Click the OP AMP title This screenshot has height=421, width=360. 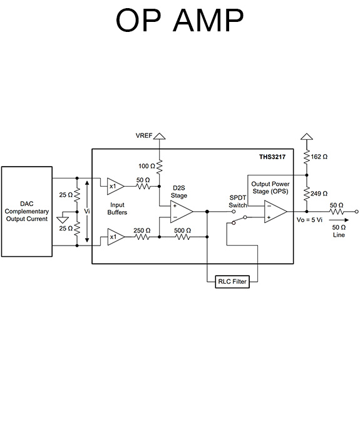pyautogui.click(x=180, y=21)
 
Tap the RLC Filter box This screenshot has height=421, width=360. pyautogui.click(x=232, y=282)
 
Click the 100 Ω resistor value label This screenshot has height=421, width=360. pyautogui.click(x=145, y=165)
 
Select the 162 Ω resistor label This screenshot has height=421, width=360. pyautogui.click(x=319, y=157)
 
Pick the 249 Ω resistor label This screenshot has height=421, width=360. pyautogui.click(x=319, y=194)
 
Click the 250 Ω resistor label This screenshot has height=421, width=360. pyautogui.click(x=142, y=231)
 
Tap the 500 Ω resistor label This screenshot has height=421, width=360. pyautogui.click(x=182, y=231)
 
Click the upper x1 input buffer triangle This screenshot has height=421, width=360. pyautogui.click(x=115, y=185)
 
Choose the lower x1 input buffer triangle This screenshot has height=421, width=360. pyautogui.click(x=115, y=237)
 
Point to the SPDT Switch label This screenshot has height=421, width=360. pyautogui.click(x=238, y=201)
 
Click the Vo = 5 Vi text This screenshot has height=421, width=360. pyautogui.click(x=309, y=220)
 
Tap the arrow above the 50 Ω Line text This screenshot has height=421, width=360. pyautogui.click(x=338, y=221)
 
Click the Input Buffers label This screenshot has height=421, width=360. pyautogui.click(x=117, y=209)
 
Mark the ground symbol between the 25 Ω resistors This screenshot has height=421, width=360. pyautogui.click(x=61, y=219)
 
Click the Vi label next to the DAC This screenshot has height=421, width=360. pyautogui.click(x=87, y=211)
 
